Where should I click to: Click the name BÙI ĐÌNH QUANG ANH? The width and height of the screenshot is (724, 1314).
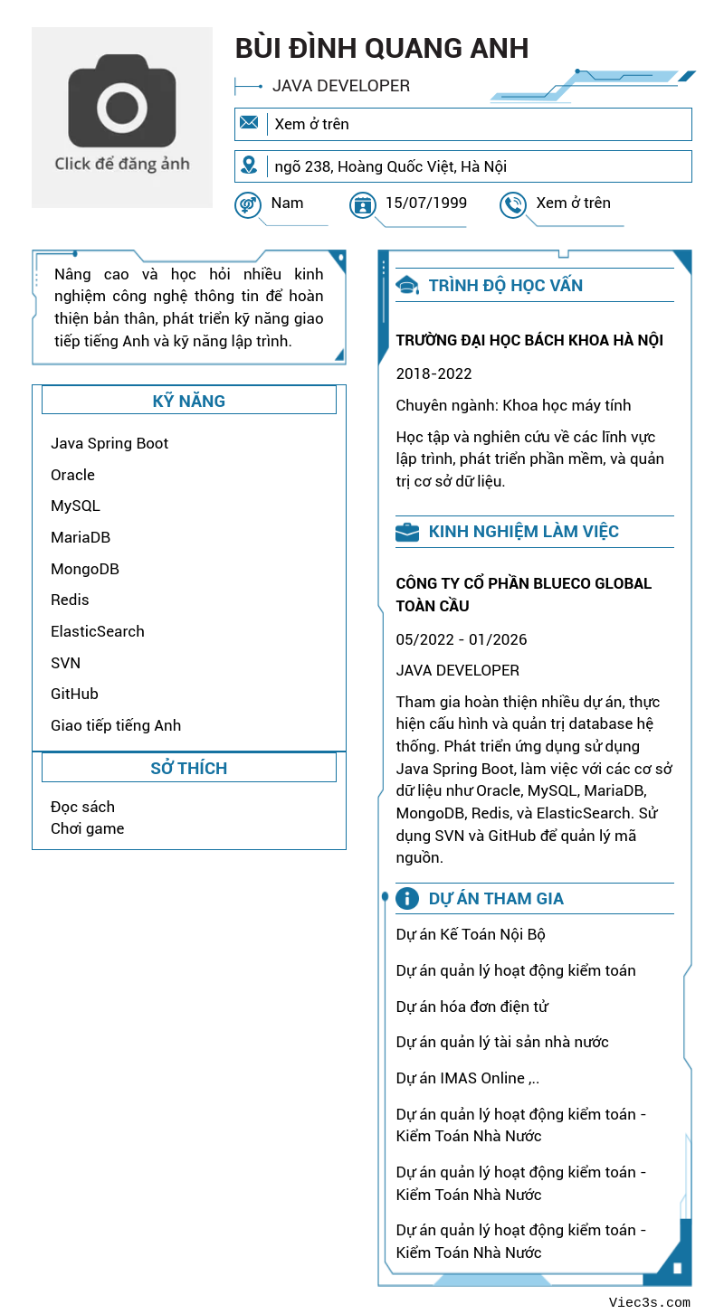[381, 48]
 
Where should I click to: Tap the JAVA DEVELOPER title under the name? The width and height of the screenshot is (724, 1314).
[341, 86]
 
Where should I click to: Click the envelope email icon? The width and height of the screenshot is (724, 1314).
[249, 123]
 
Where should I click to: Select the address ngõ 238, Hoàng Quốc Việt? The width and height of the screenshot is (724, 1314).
[390, 166]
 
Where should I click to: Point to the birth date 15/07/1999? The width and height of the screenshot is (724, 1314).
[426, 203]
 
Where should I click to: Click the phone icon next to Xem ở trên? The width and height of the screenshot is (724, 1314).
[513, 204]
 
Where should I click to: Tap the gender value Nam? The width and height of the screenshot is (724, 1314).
[287, 203]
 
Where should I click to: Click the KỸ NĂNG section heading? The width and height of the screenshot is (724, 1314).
[188, 401]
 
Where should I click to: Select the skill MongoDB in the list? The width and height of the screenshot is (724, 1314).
[85, 569]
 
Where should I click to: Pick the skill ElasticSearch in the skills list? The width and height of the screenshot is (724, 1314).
[98, 631]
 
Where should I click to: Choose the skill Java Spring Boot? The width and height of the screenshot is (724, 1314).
[110, 443]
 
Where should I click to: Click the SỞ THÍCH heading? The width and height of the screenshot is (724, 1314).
[188, 768]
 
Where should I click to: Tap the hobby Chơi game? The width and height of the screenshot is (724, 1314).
[88, 828]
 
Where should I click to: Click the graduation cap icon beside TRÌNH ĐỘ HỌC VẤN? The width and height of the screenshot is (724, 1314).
[407, 286]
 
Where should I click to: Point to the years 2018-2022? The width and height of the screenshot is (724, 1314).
[433, 373]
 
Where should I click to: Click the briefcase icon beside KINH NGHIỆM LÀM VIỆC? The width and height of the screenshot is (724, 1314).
[407, 532]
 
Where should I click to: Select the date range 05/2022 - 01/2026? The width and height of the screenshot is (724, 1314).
[461, 639]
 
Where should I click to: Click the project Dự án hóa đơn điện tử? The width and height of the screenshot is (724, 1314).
[472, 1007]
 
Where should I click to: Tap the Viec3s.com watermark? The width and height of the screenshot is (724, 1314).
[649, 1302]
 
